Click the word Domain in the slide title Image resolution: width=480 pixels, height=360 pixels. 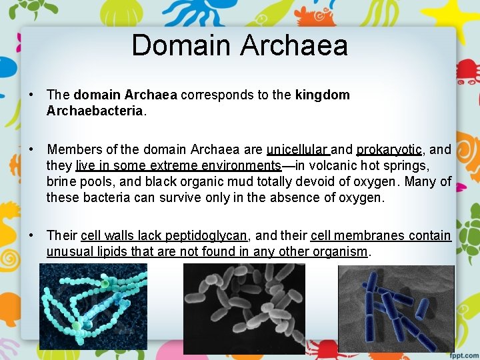(x=181, y=45)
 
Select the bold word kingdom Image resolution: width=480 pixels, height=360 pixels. (x=322, y=95)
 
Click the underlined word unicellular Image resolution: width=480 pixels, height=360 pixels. (x=297, y=149)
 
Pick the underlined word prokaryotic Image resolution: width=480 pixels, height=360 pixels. (x=389, y=149)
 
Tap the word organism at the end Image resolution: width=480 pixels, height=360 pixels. (x=340, y=251)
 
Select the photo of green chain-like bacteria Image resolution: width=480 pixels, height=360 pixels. (x=93, y=306)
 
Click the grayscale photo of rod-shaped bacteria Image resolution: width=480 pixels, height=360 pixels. (x=244, y=308)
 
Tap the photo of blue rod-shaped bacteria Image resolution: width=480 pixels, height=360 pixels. (x=396, y=308)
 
